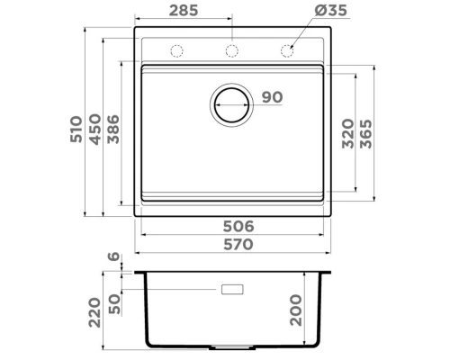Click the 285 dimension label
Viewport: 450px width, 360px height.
(184, 11)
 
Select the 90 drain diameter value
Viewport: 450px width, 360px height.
(272, 98)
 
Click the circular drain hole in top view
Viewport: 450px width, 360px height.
(231, 103)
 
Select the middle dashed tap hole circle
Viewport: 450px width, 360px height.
(231, 50)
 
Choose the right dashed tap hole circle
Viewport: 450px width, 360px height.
(290, 50)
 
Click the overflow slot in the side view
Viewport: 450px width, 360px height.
(232, 290)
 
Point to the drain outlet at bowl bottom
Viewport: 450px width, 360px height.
(232, 346)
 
